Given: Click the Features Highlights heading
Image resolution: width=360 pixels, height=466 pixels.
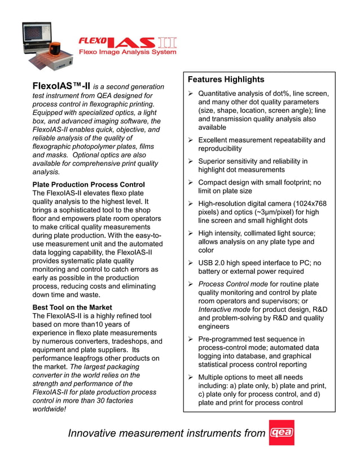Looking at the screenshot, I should tap(226, 80).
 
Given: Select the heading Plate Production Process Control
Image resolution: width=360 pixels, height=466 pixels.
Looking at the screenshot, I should tap(89, 184).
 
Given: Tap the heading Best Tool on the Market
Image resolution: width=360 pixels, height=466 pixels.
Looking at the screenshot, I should tap(72, 307).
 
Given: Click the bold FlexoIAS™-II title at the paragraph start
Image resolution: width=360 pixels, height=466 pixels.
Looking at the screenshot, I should tap(61, 86).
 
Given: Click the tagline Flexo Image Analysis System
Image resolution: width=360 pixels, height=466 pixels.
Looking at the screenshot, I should tap(128, 52).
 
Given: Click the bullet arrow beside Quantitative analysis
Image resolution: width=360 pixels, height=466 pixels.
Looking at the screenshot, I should tap(191, 94).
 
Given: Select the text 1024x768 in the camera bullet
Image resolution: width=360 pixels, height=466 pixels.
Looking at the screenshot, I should tap(309, 204).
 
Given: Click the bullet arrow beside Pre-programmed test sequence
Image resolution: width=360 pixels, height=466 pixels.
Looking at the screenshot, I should tap(191, 339).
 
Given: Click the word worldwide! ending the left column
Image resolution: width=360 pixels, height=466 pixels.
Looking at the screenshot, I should tap(49, 409).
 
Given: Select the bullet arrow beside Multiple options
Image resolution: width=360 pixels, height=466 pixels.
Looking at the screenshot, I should tap(191, 377).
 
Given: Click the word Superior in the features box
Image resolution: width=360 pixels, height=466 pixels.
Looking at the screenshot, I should tap(214, 161).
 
